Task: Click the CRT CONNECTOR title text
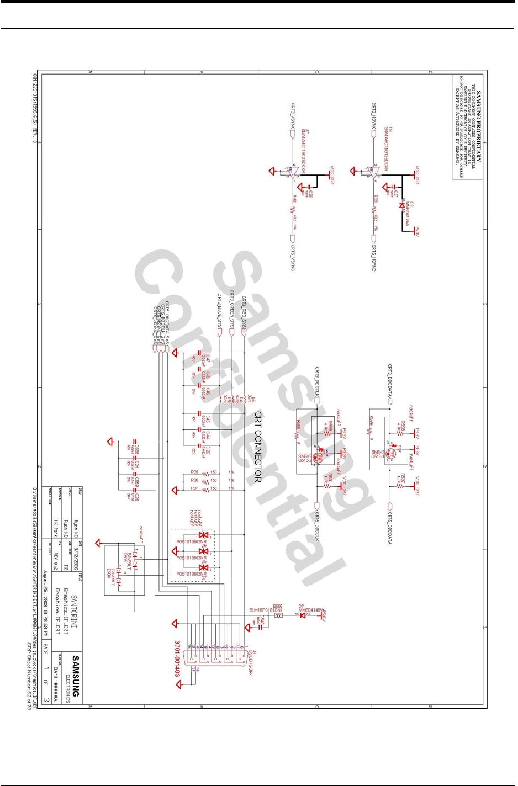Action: tap(257, 447)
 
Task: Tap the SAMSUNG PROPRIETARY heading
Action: tap(479, 126)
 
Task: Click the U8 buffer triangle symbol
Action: tap(374, 172)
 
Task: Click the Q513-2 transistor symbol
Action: tap(318, 457)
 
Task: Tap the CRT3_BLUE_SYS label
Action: tap(219, 312)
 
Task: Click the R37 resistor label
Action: tap(194, 488)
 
